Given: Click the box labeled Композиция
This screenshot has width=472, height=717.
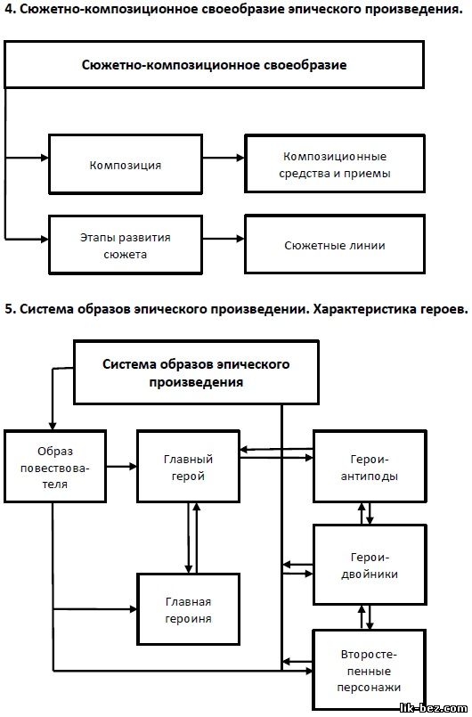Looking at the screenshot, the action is point(126,164).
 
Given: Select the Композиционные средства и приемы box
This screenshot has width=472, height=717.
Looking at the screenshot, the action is point(335,164).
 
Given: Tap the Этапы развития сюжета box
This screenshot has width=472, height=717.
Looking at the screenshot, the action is point(126,245).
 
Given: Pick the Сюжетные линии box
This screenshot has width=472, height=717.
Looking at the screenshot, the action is point(335,245).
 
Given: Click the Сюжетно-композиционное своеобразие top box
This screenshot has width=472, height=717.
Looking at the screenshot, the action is point(214,64).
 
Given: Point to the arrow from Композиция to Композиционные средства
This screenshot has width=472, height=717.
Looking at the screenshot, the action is point(224,158).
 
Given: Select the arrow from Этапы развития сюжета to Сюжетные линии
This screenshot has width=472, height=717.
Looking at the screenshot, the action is point(224,238).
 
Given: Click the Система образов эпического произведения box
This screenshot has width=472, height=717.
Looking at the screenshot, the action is point(196,372).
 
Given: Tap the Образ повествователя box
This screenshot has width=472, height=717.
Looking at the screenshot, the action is point(55,467).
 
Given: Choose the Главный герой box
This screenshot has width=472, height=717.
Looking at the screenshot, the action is point(189,467).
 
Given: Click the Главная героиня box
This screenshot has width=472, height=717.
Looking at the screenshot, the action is point(189,609).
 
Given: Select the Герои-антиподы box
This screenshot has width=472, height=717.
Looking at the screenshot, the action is point(370,467).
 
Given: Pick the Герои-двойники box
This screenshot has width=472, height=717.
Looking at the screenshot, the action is point(370,565).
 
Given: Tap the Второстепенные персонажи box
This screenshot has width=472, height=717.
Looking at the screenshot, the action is point(370,671).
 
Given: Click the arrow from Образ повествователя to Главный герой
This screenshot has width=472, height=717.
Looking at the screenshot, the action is point(122,467).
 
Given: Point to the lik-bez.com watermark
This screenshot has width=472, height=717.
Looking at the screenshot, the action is point(433,708).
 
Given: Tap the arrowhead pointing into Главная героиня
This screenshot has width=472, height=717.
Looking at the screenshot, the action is point(133,609).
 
